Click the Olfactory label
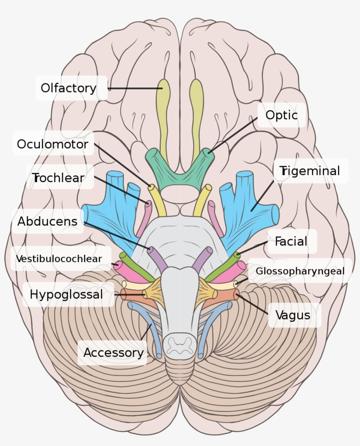click(68, 88)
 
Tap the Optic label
click(281, 115)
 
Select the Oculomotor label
click(53, 144)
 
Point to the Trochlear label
click(58, 178)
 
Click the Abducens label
click(47, 221)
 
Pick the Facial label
click(291, 241)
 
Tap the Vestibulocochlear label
click(59, 259)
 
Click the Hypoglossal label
click(66, 294)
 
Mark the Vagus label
click(293, 315)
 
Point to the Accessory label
click(113, 352)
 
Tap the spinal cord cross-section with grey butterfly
click(180, 345)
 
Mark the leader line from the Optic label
click(233, 135)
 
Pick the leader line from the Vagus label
click(253, 304)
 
